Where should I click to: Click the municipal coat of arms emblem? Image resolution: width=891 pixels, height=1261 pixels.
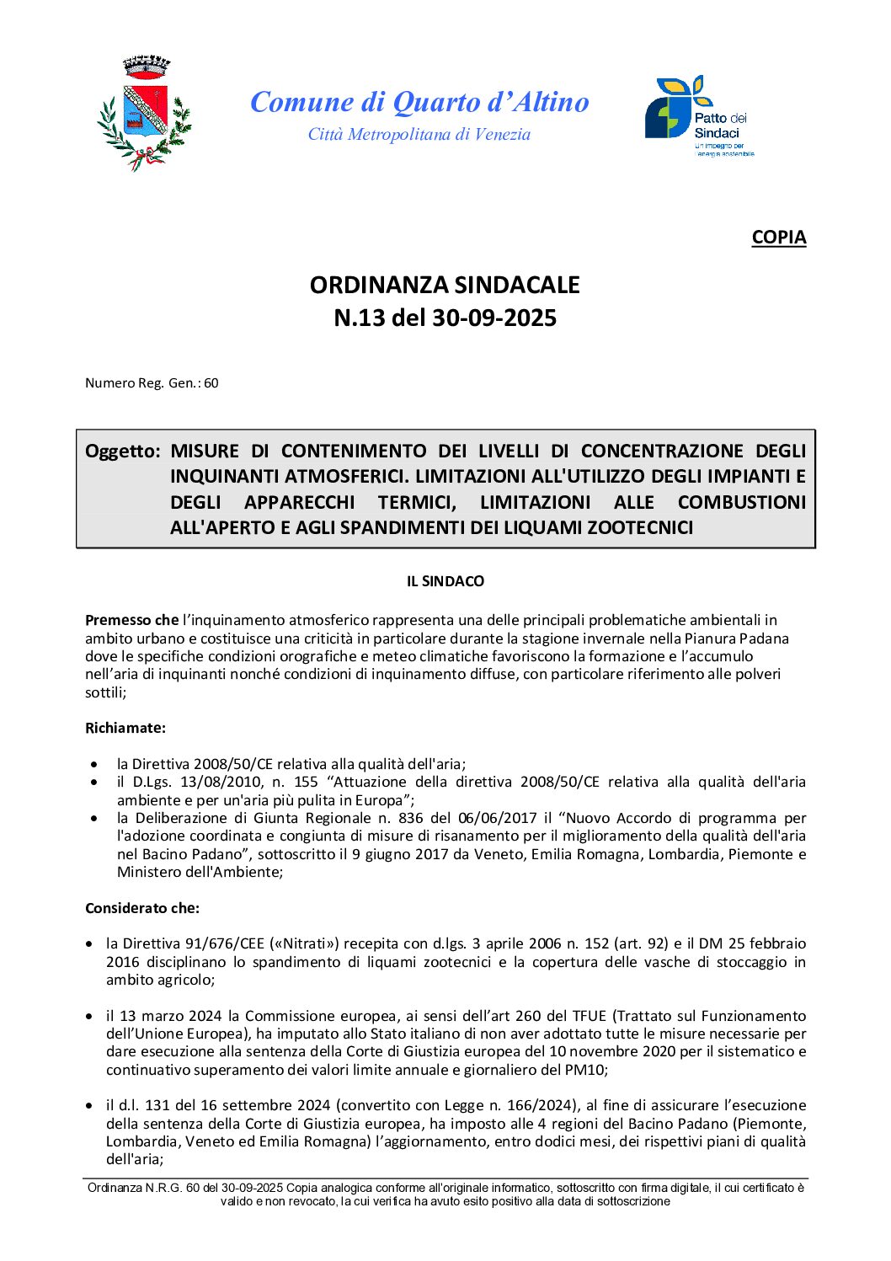tap(144, 113)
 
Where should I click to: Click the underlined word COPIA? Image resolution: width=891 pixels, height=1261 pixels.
tap(778, 238)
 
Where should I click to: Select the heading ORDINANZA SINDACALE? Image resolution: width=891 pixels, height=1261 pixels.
tap(445, 285)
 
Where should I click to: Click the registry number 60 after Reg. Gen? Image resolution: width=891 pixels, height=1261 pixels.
tap(211, 383)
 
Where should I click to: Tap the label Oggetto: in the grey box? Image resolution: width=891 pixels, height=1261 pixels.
tap(122, 452)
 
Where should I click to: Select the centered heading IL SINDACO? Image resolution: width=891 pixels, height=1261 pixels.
tap(445, 581)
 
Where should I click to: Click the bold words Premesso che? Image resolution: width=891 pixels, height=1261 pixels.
tap(131, 620)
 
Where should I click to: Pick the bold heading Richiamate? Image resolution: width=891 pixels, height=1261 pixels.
tap(125, 728)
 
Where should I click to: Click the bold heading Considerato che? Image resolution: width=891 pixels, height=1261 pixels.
tap(142, 908)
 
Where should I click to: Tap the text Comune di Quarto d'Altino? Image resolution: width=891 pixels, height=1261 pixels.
tap(419, 102)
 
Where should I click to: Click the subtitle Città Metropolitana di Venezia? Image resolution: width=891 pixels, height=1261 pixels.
tap(419, 135)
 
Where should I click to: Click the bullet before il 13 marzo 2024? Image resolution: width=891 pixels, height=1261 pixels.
tap(89, 1017)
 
